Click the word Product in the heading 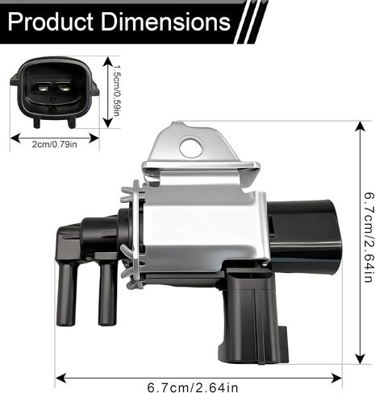pos(51,22)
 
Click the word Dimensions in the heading pos(166,22)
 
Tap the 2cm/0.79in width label pos(55,144)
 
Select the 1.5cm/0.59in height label pos(116,90)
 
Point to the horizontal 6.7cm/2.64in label pos(193,387)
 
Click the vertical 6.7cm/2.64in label pos(369,238)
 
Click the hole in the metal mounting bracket pos(191,147)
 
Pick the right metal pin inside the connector pos(64,87)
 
